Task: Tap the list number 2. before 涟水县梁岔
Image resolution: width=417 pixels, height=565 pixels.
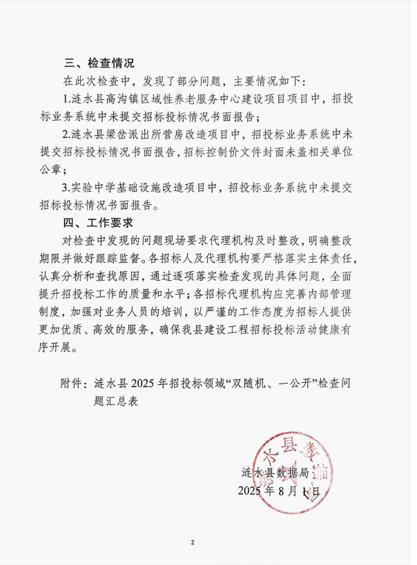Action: point(66,133)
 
